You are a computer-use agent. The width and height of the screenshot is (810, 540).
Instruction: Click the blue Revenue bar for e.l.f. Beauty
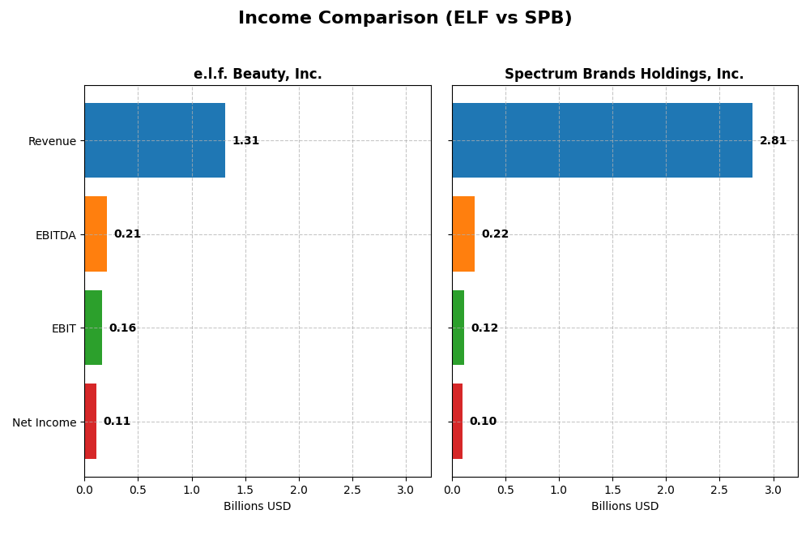point(155,140)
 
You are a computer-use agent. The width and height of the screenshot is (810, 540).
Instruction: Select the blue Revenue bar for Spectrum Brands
point(602,140)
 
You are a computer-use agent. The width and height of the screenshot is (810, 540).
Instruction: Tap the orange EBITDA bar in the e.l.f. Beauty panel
point(96,234)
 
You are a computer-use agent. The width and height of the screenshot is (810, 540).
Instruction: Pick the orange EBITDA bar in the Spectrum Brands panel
point(463,234)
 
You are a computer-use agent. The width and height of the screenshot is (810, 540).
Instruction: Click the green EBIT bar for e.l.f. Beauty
point(93,328)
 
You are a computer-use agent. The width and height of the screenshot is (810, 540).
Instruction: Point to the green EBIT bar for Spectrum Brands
point(458,328)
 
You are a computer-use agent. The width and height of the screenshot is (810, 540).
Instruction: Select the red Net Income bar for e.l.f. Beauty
point(91,422)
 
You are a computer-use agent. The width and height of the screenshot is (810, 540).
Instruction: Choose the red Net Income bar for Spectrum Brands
point(458,422)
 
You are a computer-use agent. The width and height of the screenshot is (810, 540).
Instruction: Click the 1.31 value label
point(245,141)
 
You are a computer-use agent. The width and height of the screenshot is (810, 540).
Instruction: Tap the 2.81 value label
point(773,141)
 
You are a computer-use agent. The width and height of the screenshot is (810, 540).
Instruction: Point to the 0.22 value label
point(495,234)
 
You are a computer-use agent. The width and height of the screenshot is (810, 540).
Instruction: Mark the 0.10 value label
point(483,422)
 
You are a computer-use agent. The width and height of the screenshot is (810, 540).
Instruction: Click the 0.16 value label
point(122,328)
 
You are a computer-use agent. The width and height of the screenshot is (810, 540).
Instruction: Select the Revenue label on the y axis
point(52,142)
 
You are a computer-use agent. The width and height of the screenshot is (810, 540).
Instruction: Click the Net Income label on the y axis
point(44,422)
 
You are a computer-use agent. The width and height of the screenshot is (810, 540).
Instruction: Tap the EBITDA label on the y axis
point(55,235)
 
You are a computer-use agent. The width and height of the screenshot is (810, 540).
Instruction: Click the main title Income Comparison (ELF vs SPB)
point(405,19)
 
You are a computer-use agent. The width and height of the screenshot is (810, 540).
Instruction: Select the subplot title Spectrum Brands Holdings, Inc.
point(624,75)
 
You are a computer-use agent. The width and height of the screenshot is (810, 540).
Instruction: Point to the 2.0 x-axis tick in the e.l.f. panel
point(299,491)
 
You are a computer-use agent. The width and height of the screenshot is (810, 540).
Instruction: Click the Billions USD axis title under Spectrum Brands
point(625,507)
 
